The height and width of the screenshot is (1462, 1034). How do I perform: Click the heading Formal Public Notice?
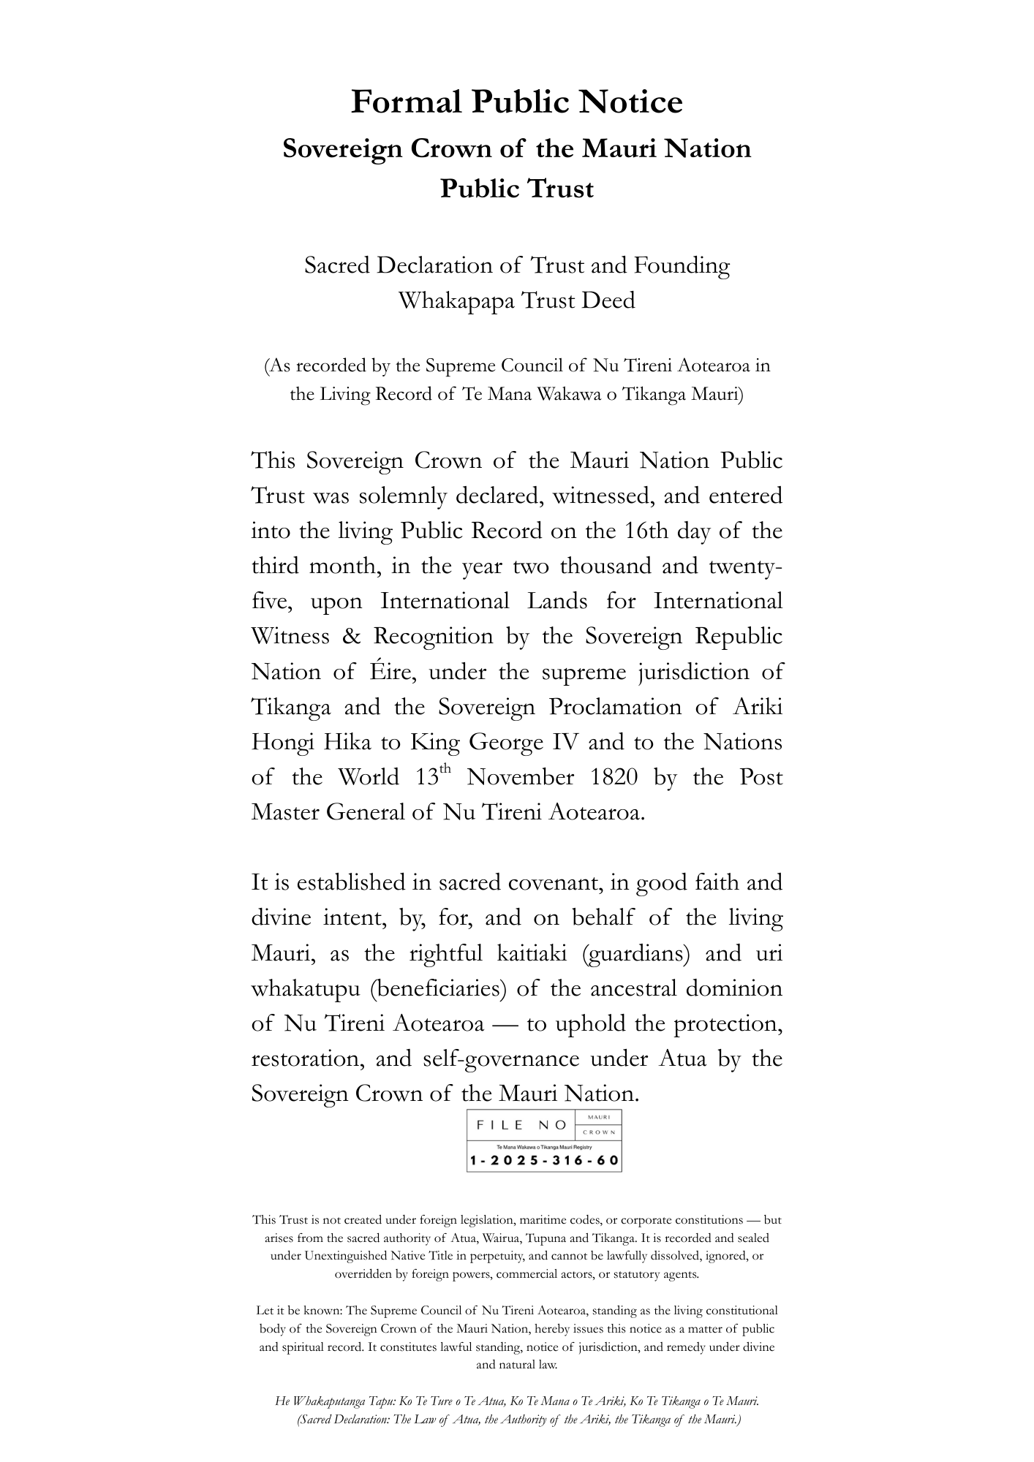[x=516, y=102]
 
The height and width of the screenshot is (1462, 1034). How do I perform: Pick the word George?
[x=505, y=743]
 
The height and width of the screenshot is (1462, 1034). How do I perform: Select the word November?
[x=521, y=777]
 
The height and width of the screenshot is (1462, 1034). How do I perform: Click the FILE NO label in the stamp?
[x=521, y=1126]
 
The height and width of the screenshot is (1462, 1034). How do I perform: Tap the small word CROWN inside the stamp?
[x=599, y=1133]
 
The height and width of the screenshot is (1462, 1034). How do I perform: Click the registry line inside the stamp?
[x=544, y=1148]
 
